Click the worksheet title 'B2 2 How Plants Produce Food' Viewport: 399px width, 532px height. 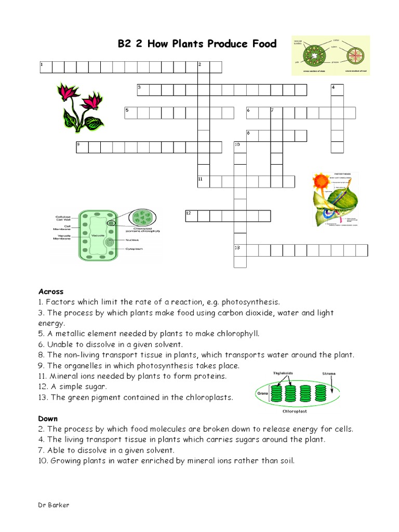click(x=197, y=44)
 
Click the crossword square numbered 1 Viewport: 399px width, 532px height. click(x=46, y=67)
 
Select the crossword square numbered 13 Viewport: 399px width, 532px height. click(x=240, y=250)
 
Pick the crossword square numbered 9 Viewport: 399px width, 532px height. click(x=82, y=147)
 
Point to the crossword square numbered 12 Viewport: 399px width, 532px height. click(x=191, y=216)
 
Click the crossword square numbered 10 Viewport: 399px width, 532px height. click(x=240, y=147)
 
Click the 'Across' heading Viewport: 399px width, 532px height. click(x=51, y=291)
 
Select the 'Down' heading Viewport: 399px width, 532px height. click(x=48, y=418)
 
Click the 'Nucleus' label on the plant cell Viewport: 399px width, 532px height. click(x=132, y=240)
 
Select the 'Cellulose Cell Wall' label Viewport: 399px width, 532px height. click(x=66, y=219)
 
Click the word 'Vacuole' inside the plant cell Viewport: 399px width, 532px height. click(x=98, y=235)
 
